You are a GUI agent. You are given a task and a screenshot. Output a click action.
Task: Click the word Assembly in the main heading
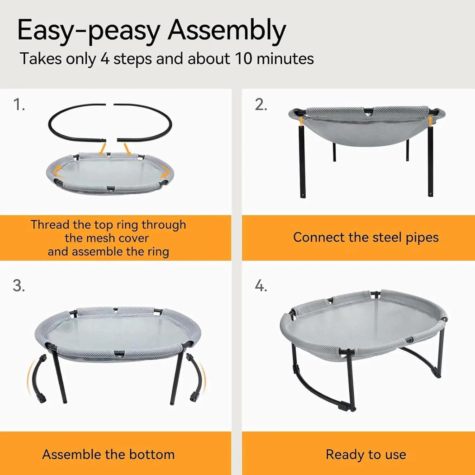click(227, 31)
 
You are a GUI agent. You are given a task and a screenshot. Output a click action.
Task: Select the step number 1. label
click(19, 104)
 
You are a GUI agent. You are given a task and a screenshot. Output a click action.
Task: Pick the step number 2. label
click(261, 104)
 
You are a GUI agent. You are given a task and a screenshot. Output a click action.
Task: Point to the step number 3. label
click(19, 286)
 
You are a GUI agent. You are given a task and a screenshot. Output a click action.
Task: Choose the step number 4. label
click(261, 286)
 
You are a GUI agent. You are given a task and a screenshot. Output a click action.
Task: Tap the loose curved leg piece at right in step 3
click(198, 377)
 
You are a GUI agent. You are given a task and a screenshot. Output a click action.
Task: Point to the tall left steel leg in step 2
click(302, 161)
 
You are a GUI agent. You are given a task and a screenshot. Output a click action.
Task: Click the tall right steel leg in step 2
click(430, 161)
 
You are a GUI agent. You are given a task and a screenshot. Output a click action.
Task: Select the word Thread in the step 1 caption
click(50, 225)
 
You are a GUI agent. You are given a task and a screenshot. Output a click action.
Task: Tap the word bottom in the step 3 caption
click(152, 454)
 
